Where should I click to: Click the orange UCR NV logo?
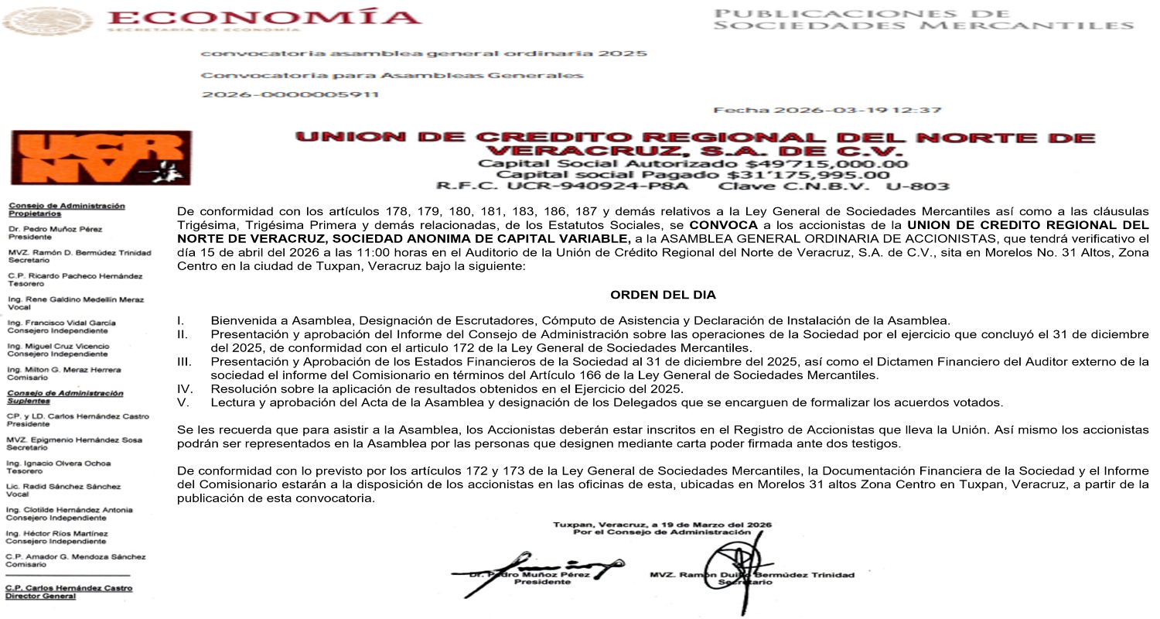click(101, 157)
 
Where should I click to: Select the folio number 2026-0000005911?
click(290, 94)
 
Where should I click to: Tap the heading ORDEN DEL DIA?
click(663, 295)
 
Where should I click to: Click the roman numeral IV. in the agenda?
click(184, 388)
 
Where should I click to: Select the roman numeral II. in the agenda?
click(183, 333)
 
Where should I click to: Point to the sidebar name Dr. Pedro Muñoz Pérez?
click(55, 229)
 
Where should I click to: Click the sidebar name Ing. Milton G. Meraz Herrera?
click(63, 370)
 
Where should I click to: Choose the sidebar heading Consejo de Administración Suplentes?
click(66, 397)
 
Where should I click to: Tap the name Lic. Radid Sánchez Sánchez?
click(63, 487)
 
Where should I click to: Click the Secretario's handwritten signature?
click(731, 561)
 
